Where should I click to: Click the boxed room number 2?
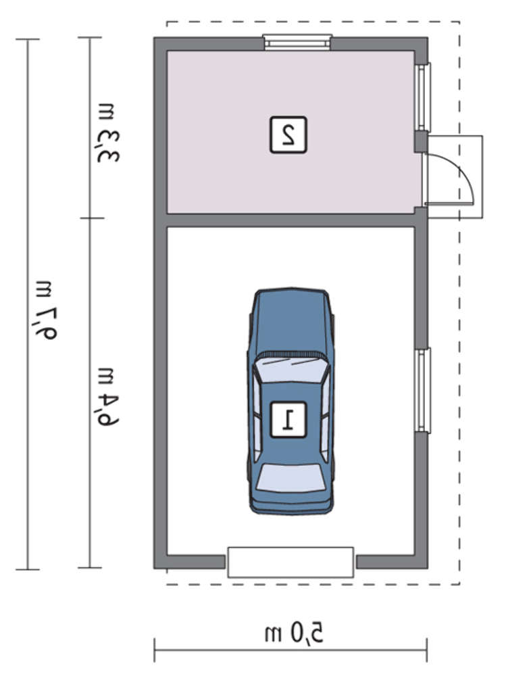[288, 135]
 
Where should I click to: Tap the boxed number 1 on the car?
[288, 420]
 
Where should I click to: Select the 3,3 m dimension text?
[107, 133]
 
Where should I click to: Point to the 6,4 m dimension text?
[107, 397]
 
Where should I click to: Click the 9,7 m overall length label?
[45, 310]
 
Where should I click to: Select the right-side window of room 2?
[423, 97]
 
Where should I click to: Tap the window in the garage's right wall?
[423, 390]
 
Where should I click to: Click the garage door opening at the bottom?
[290, 562]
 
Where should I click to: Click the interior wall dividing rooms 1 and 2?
[290, 220]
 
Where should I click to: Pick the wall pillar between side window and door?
[421, 142]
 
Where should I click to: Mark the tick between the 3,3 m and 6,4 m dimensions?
[91, 218]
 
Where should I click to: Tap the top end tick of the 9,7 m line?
[28, 39]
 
